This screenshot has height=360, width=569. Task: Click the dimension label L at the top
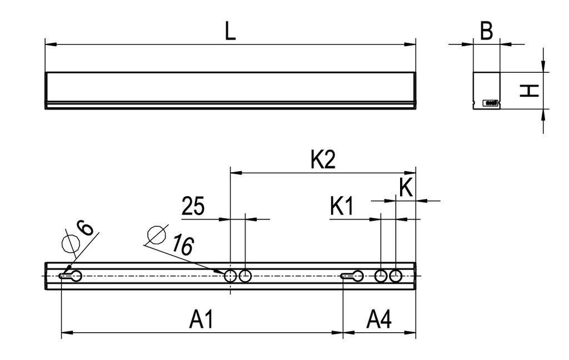point(230,31)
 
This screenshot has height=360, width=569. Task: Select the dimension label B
point(486,32)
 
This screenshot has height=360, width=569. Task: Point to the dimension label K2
point(323,161)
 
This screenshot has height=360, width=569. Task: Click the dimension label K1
point(342,207)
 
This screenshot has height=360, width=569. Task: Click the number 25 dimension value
point(193,207)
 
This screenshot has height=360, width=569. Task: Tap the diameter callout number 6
point(83,228)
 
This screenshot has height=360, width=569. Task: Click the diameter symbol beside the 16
point(156,235)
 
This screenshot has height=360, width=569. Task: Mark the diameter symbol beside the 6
point(70,243)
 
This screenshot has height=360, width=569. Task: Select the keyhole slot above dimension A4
point(353,276)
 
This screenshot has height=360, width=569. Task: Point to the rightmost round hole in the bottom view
point(396,276)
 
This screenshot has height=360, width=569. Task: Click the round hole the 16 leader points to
point(231,276)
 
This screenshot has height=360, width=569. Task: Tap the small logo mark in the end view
point(491,103)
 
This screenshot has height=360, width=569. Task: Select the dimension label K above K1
point(406,188)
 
